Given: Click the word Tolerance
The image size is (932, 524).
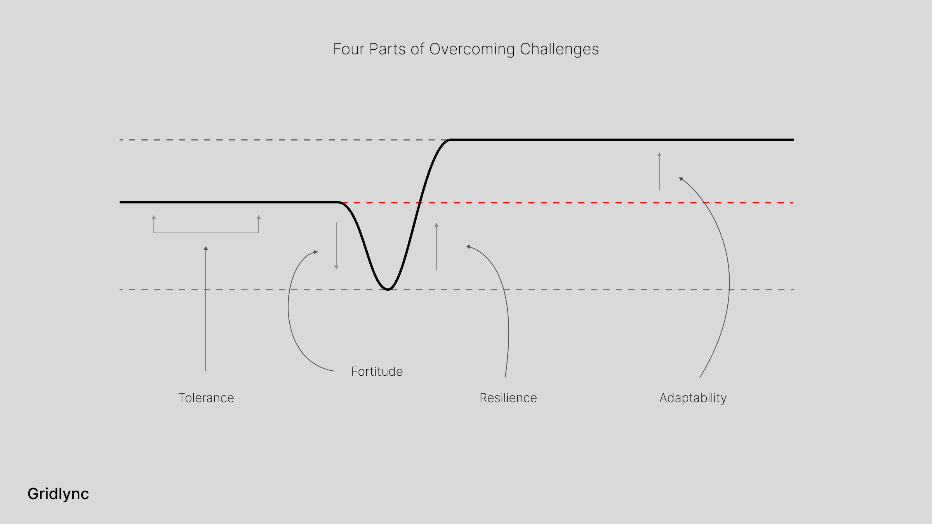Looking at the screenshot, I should click(206, 398).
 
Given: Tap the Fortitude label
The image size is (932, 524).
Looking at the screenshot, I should click(377, 371).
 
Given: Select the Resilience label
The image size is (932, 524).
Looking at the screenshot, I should click(508, 398).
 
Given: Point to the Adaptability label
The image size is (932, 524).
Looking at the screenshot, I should click(693, 398).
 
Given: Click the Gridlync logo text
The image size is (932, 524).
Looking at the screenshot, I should click(58, 494).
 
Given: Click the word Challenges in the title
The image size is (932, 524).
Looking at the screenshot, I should click(559, 49).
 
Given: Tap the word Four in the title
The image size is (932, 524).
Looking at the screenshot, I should click(349, 49).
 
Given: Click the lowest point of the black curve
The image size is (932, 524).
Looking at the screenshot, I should click(388, 289).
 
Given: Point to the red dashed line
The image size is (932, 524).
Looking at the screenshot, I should click(582, 203).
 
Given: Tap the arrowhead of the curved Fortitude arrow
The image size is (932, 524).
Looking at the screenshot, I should click(316, 252).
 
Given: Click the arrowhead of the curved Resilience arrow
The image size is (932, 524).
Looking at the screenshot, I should click(468, 246).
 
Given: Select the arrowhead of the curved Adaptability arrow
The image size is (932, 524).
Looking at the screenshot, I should click(681, 179).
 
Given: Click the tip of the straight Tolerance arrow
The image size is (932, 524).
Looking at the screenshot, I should click(206, 248).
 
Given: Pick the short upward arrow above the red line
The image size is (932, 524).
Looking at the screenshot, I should click(659, 171).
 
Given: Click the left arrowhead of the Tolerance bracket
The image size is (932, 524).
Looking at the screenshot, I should click(154, 217).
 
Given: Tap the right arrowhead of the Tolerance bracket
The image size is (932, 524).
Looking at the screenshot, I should click(259, 217).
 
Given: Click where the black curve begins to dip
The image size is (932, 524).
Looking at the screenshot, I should click(339, 202).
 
